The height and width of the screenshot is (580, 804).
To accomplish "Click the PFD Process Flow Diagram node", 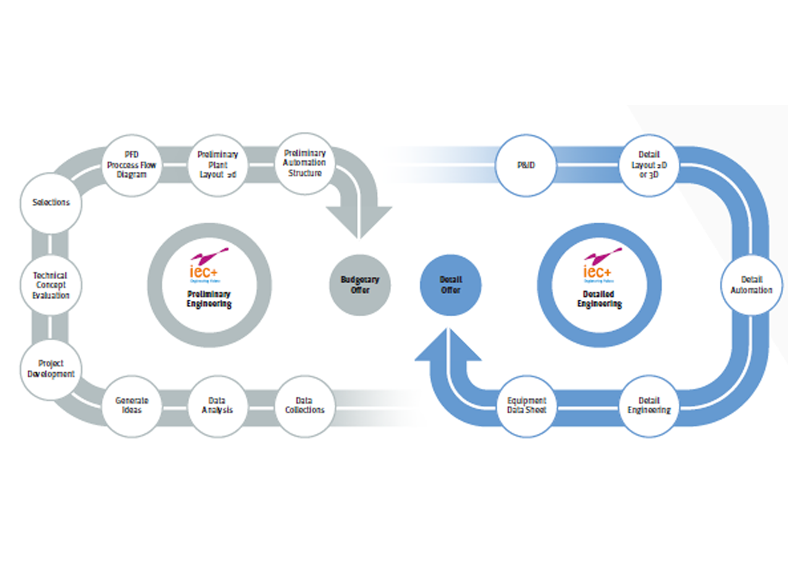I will tap(132, 165).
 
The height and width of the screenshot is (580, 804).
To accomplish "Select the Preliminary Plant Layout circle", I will tap(217, 165).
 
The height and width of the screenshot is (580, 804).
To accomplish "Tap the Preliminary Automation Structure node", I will tap(304, 163).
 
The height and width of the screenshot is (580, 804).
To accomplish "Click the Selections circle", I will tap(51, 203).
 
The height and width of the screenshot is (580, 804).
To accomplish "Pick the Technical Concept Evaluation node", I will tap(50, 285).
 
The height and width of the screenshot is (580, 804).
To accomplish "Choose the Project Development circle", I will tap(51, 369).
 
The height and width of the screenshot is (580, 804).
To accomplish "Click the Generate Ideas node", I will tap(132, 406).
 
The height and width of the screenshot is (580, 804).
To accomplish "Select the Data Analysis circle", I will tap(217, 406).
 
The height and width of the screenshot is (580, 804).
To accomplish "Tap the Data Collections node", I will tap(304, 406).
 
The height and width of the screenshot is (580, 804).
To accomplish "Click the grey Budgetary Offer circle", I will tap(360, 285).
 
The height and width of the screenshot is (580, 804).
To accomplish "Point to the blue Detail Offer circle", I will tap(450, 285).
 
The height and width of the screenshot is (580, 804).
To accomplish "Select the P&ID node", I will tap(526, 165).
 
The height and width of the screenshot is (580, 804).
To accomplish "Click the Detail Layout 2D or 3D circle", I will tap(649, 165).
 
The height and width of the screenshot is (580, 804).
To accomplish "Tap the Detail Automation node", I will tap(751, 285).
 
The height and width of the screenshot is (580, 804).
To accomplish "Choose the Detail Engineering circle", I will tap(649, 406).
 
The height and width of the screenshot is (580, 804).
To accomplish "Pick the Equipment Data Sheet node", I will tap(526, 406).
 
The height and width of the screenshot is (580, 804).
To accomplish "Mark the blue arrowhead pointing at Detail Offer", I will tap(448, 346).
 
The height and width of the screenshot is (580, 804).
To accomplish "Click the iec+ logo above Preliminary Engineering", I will tap(206, 265).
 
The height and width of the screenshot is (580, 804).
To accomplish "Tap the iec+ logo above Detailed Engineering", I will tap(599, 265).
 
